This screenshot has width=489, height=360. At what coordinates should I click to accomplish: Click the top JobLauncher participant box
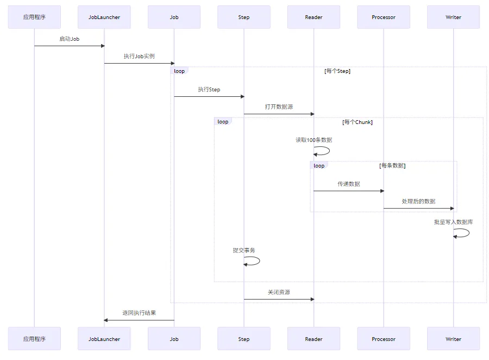(x=104, y=17)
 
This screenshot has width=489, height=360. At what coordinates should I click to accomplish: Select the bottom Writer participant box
(x=453, y=339)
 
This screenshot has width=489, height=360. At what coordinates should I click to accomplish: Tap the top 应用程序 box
(x=34, y=17)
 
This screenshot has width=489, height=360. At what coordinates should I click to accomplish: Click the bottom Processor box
(x=384, y=339)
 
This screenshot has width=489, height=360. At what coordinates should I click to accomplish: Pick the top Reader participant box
(x=314, y=17)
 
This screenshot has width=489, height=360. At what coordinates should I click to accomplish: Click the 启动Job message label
(x=70, y=39)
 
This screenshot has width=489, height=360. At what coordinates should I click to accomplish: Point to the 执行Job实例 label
(x=139, y=56)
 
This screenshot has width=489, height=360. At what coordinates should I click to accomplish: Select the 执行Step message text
(x=209, y=89)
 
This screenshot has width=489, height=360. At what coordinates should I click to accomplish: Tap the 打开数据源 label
(x=279, y=107)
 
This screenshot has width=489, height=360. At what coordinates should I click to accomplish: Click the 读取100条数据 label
(x=314, y=140)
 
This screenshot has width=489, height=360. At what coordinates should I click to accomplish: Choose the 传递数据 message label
(x=348, y=184)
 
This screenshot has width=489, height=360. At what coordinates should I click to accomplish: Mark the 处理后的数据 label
(x=418, y=201)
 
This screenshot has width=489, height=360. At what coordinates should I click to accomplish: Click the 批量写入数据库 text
(x=453, y=222)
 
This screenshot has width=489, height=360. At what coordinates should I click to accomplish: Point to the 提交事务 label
(x=244, y=250)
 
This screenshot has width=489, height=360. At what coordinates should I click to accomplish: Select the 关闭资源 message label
(x=279, y=292)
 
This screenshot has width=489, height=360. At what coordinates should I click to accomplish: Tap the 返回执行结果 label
(x=139, y=313)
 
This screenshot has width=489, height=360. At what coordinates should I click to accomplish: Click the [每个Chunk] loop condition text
(x=357, y=122)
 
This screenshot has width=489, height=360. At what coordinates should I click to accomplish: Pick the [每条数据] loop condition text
(x=392, y=165)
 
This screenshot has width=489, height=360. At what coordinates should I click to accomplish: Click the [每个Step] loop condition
(x=337, y=71)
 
